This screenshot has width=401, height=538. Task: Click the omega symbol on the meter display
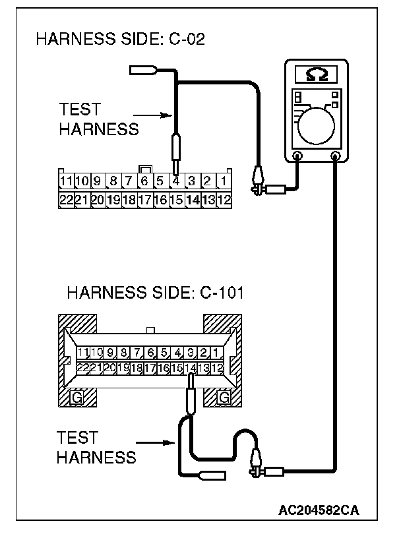click(x=314, y=75)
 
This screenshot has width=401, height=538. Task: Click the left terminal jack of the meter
click(x=297, y=156)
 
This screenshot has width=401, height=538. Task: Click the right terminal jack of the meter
click(x=336, y=156)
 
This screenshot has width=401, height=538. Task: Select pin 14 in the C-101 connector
click(x=191, y=368)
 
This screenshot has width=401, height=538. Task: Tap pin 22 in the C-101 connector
click(x=84, y=368)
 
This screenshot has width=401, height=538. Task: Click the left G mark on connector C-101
click(x=77, y=398)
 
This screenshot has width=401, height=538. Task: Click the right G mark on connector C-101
click(x=224, y=398)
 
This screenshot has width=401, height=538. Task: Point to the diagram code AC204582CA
click(x=319, y=510)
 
